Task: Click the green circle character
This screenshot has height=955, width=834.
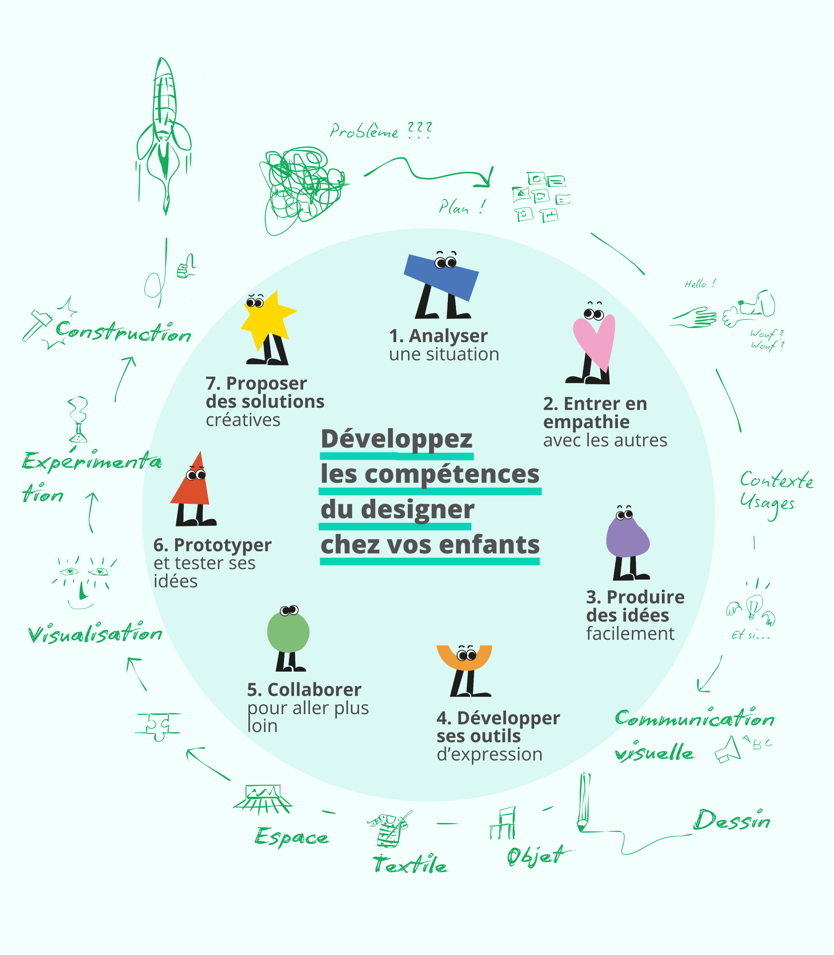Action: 288,632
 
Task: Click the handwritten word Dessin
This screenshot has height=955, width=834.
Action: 731,821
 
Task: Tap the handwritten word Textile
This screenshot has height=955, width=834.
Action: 410,865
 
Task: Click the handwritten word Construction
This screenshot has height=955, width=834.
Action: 123,332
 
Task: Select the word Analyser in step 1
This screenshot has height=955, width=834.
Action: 448,336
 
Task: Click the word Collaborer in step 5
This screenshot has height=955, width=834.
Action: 314,690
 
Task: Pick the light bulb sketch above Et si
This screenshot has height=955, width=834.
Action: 753,606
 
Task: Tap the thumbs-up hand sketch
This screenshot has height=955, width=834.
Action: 186,266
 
